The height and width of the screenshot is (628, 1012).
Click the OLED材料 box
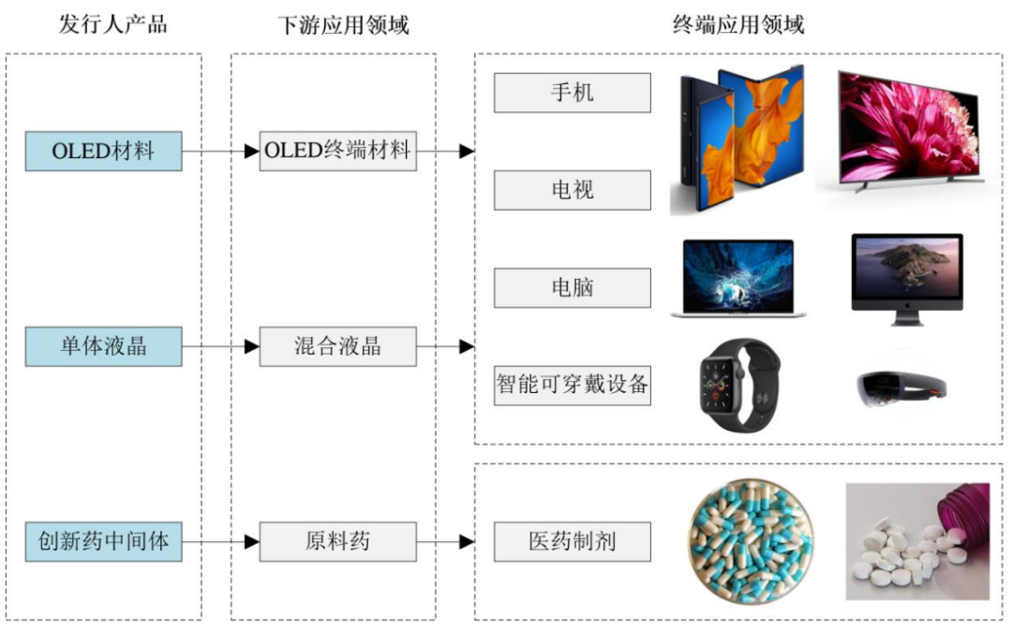[x=103, y=151]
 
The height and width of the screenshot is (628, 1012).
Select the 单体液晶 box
[x=103, y=346]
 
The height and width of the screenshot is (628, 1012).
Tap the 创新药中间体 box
[x=103, y=541]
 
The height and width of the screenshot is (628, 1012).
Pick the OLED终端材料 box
[x=337, y=151]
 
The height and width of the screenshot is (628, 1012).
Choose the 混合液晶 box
[x=337, y=346]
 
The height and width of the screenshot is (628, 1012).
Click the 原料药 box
[x=337, y=541]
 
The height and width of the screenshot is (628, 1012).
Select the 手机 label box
[x=572, y=93]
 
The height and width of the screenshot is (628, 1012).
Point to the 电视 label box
[x=572, y=190]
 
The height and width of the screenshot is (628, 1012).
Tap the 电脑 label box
[x=572, y=287]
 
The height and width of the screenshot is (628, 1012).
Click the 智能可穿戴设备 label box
[x=572, y=385]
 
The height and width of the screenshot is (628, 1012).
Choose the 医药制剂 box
[x=572, y=541]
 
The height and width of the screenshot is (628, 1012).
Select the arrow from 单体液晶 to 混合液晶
[x=221, y=346]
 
